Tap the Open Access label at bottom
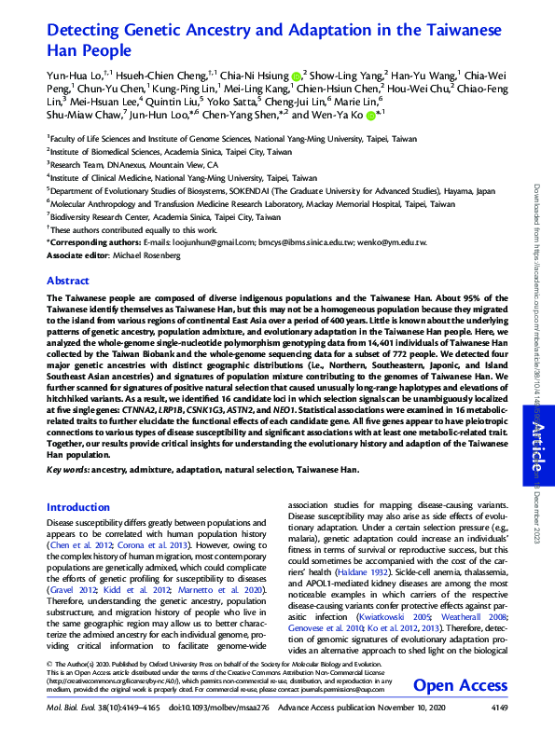pyautogui.click(x=460, y=686)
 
